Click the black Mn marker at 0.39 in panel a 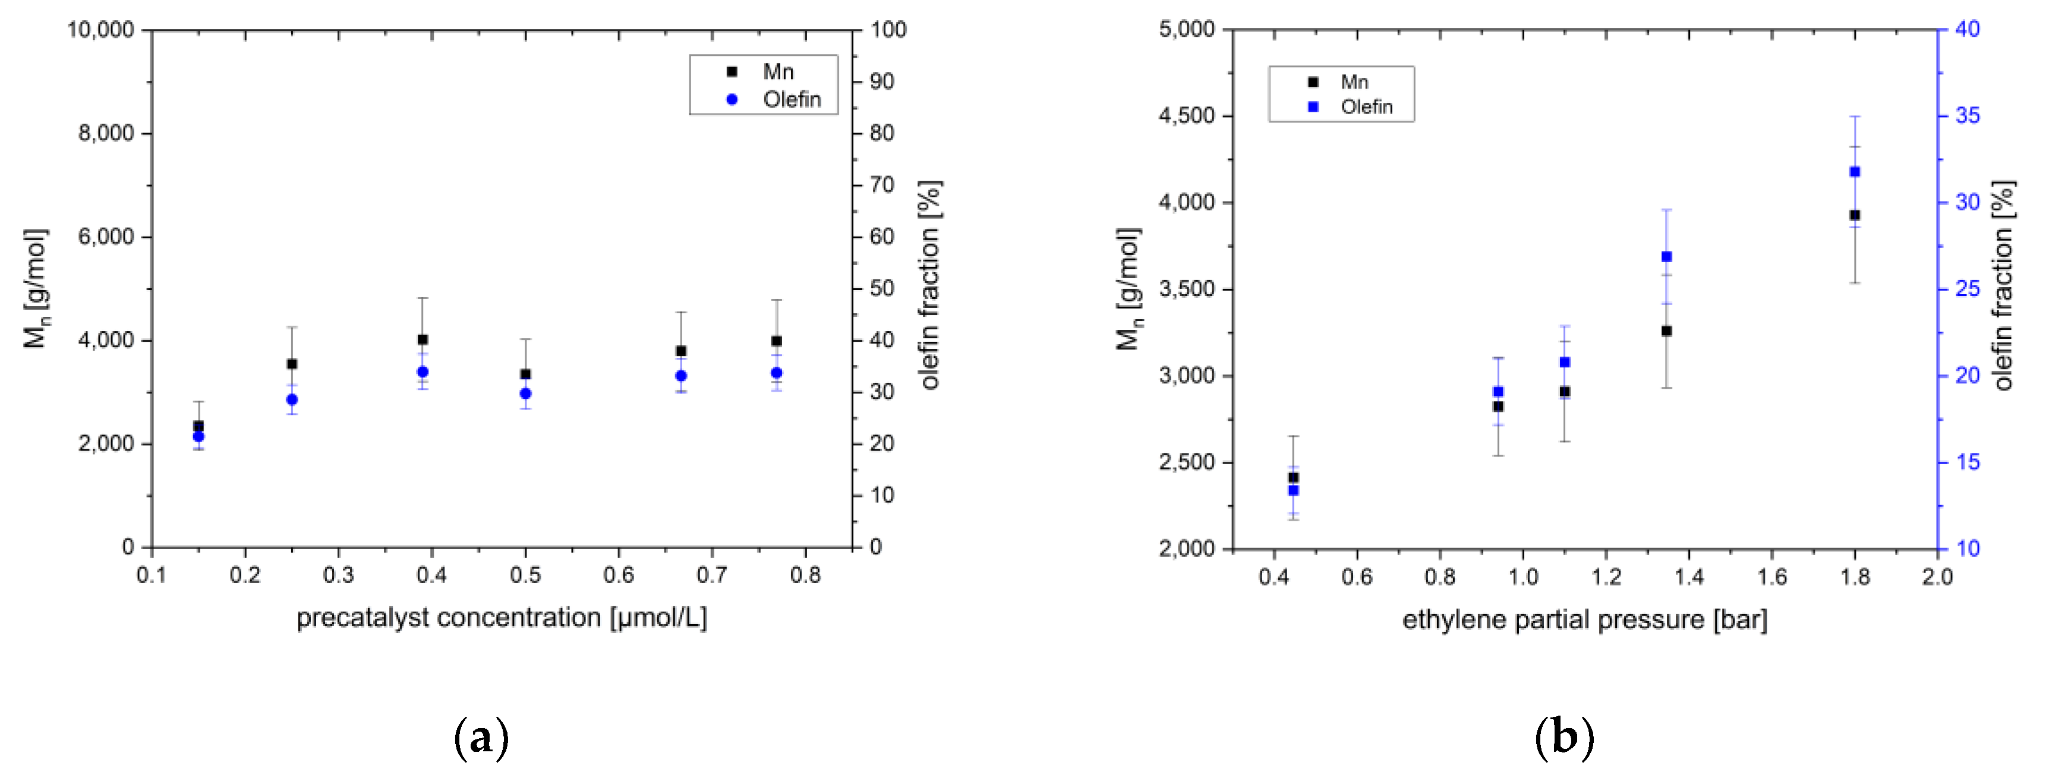pos(423,339)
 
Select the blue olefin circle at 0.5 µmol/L pos(525,393)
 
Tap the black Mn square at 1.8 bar pos(1855,215)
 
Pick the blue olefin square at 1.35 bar pos(1666,257)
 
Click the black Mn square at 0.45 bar pos(1293,478)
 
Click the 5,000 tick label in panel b pos(1186,30)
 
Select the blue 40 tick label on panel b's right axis pos(1967,30)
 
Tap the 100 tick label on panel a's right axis pos(888,30)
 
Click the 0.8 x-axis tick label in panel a pos(805,574)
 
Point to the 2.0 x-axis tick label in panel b pos(1937,577)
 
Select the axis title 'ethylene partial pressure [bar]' pos(1584,619)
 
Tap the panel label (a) pos(480,739)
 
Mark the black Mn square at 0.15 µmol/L pos(198,426)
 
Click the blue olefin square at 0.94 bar pos(1498,391)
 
